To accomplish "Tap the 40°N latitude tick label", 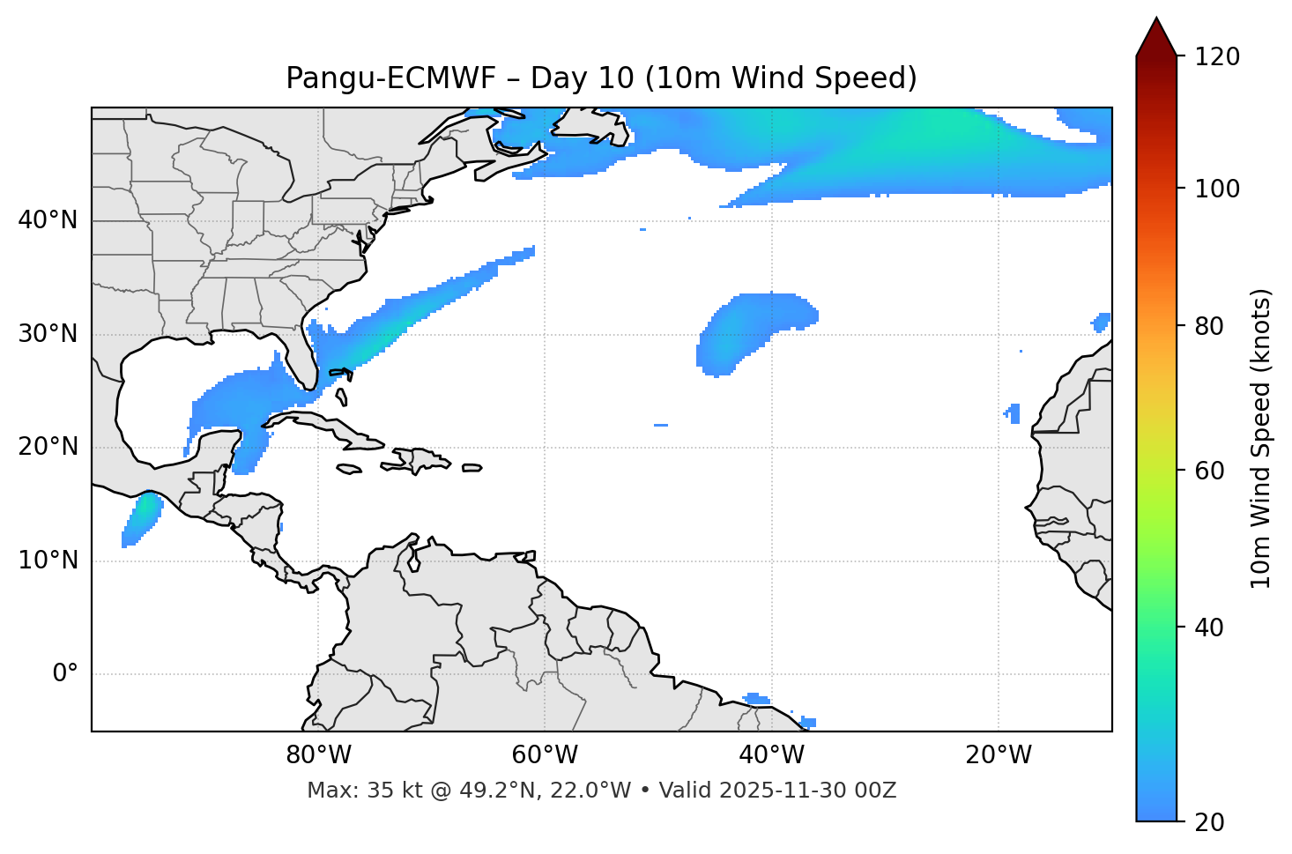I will pos(48,220).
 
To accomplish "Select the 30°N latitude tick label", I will pos(48,334).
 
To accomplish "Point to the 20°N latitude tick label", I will pos(48,447).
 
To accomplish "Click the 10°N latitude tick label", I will pos(48,561).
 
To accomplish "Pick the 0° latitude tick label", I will pos(65,674).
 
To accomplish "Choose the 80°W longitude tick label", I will pos(318,755).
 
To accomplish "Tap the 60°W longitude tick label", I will pos(545,755).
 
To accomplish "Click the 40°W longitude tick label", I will pos(771,755).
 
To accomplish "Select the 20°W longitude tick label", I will pos(998,755).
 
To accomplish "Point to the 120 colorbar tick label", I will pos(1216,57).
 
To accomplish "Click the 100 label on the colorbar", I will pos(1216,189).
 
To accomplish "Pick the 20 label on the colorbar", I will pos(1210,822).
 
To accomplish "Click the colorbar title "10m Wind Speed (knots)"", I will pos(1261,438).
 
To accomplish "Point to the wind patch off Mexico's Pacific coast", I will pos(141,518).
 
